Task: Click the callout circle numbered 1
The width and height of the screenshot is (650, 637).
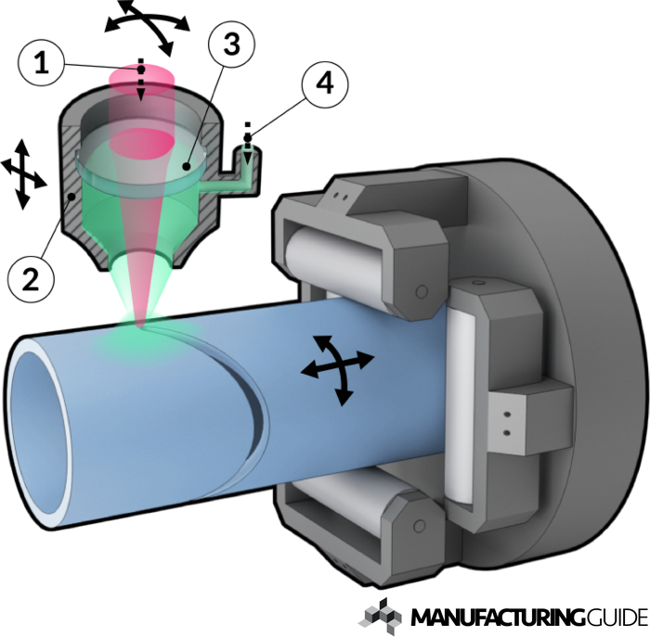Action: coord(42,64)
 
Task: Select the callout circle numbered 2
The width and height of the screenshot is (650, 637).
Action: coord(31,278)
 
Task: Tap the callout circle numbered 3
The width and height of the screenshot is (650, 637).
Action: coord(232,44)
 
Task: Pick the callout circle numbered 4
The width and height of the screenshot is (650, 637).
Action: coord(325,84)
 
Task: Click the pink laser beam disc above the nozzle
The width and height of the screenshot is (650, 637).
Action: coord(141,79)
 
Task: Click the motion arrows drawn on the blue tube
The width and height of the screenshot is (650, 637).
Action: coord(337,370)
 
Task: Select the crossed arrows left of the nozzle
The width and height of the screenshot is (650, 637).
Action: coord(23,174)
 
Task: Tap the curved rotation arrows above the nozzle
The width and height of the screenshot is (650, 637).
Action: coord(146,25)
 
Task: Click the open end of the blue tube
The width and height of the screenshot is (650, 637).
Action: coord(40,433)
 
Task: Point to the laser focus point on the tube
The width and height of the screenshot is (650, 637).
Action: coord(141,327)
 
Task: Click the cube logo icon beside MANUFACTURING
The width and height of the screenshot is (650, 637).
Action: coord(381,616)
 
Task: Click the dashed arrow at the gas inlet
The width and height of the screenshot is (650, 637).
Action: coord(248,143)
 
